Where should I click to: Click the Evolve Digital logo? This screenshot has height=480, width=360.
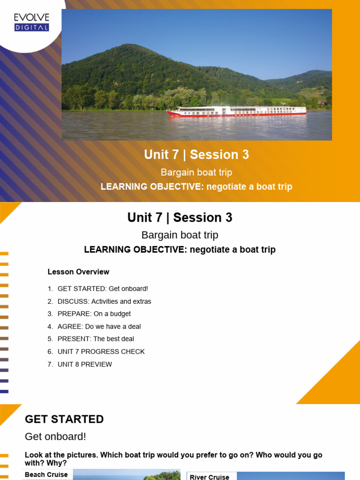click(x=31, y=22)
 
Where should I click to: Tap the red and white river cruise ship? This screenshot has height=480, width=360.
click(x=237, y=112)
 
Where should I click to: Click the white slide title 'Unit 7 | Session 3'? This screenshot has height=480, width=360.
click(x=196, y=155)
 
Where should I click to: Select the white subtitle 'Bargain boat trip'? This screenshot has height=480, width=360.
click(x=196, y=172)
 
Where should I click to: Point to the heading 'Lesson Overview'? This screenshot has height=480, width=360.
click(x=78, y=272)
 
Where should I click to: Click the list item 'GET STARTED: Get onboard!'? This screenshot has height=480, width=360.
click(x=103, y=289)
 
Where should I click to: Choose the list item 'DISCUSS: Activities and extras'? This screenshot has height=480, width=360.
click(x=104, y=301)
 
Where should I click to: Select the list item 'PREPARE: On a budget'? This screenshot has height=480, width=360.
click(x=94, y=314)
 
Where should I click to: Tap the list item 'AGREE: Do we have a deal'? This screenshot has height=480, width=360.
click(x=99, y=326)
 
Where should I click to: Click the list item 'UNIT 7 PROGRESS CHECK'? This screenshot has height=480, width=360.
click(x=101, y=352)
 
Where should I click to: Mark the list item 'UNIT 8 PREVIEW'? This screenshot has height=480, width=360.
click(x=84, y=364)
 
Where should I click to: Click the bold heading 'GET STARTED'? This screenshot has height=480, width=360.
click(x=64, y=419)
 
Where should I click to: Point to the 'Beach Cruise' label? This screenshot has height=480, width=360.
click(x=46, y=475)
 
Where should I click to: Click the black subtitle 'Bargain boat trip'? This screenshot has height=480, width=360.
click(x=180, y=235)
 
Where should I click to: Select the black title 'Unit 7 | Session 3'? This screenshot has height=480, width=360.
click(x=180, y=217)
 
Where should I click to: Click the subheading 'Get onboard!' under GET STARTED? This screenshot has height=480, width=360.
click(x=55, y=436)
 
